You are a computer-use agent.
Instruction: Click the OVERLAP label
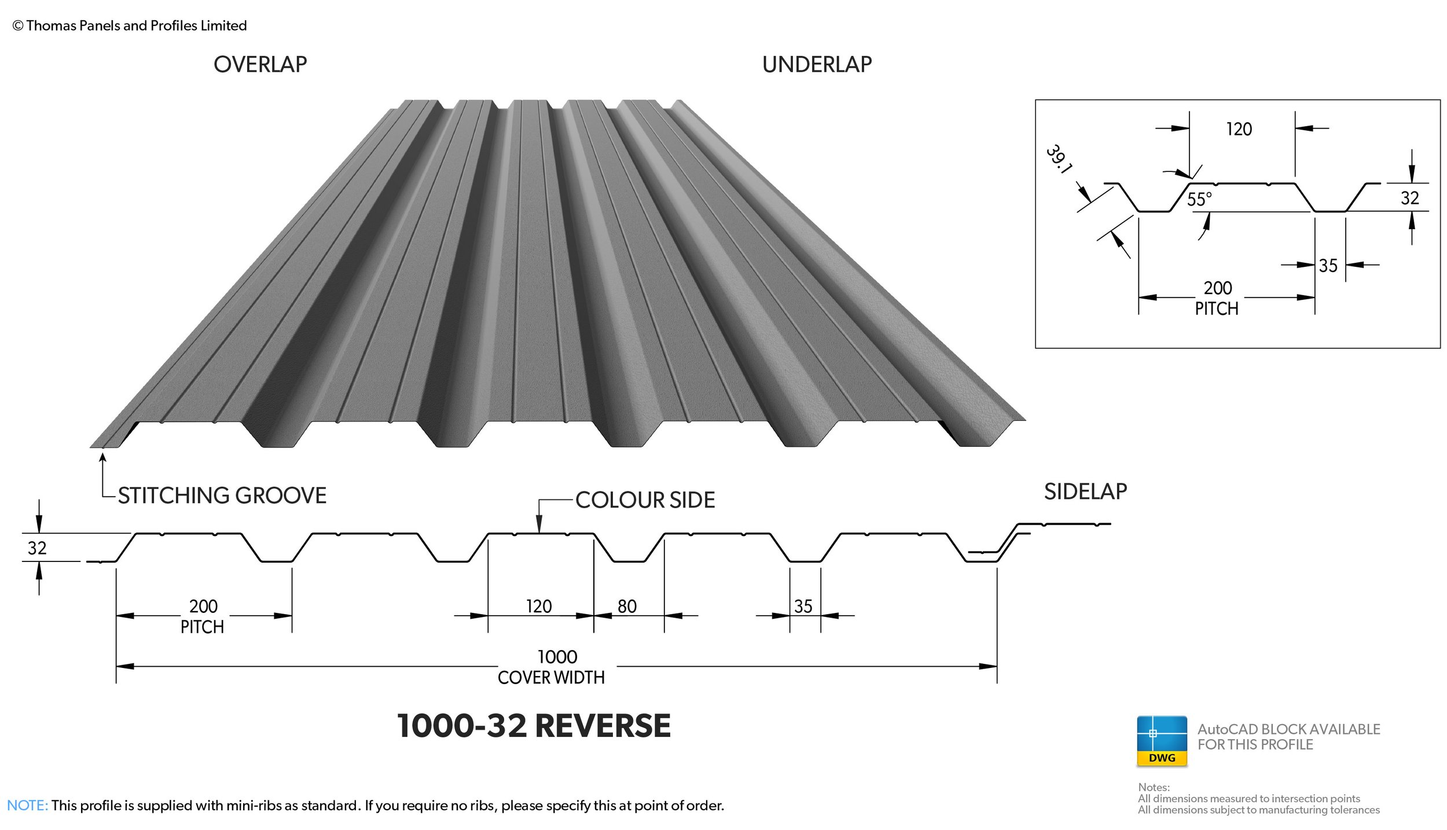[260, 64]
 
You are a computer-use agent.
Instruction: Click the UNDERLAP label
[817, 64]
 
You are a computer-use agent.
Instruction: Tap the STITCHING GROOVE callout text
[222, 495]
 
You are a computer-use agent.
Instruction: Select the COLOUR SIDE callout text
[645, 500]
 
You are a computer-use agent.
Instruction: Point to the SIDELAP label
[1085, 491]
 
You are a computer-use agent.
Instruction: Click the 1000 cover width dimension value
[557, 657]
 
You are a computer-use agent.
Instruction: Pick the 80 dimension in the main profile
[627, 606]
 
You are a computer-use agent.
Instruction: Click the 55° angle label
[1199, 199]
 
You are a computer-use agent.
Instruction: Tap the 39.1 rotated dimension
[1059, 159]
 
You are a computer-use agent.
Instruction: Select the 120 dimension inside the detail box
[1239, 128]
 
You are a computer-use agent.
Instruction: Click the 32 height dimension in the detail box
[1409, 198]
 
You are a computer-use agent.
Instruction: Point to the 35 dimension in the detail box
[1328, 266]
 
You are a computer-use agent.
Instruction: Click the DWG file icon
[1162, 741]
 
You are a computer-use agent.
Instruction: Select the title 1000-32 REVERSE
[534, 726]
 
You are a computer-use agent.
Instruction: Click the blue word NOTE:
[27, 805]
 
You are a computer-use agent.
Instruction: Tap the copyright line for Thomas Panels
[130, 25]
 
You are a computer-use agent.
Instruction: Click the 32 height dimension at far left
[37, 548]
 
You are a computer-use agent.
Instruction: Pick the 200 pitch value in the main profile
[203, 606]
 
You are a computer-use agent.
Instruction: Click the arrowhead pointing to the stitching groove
[103, 457]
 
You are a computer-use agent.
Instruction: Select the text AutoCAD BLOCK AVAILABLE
[1288, 729]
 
